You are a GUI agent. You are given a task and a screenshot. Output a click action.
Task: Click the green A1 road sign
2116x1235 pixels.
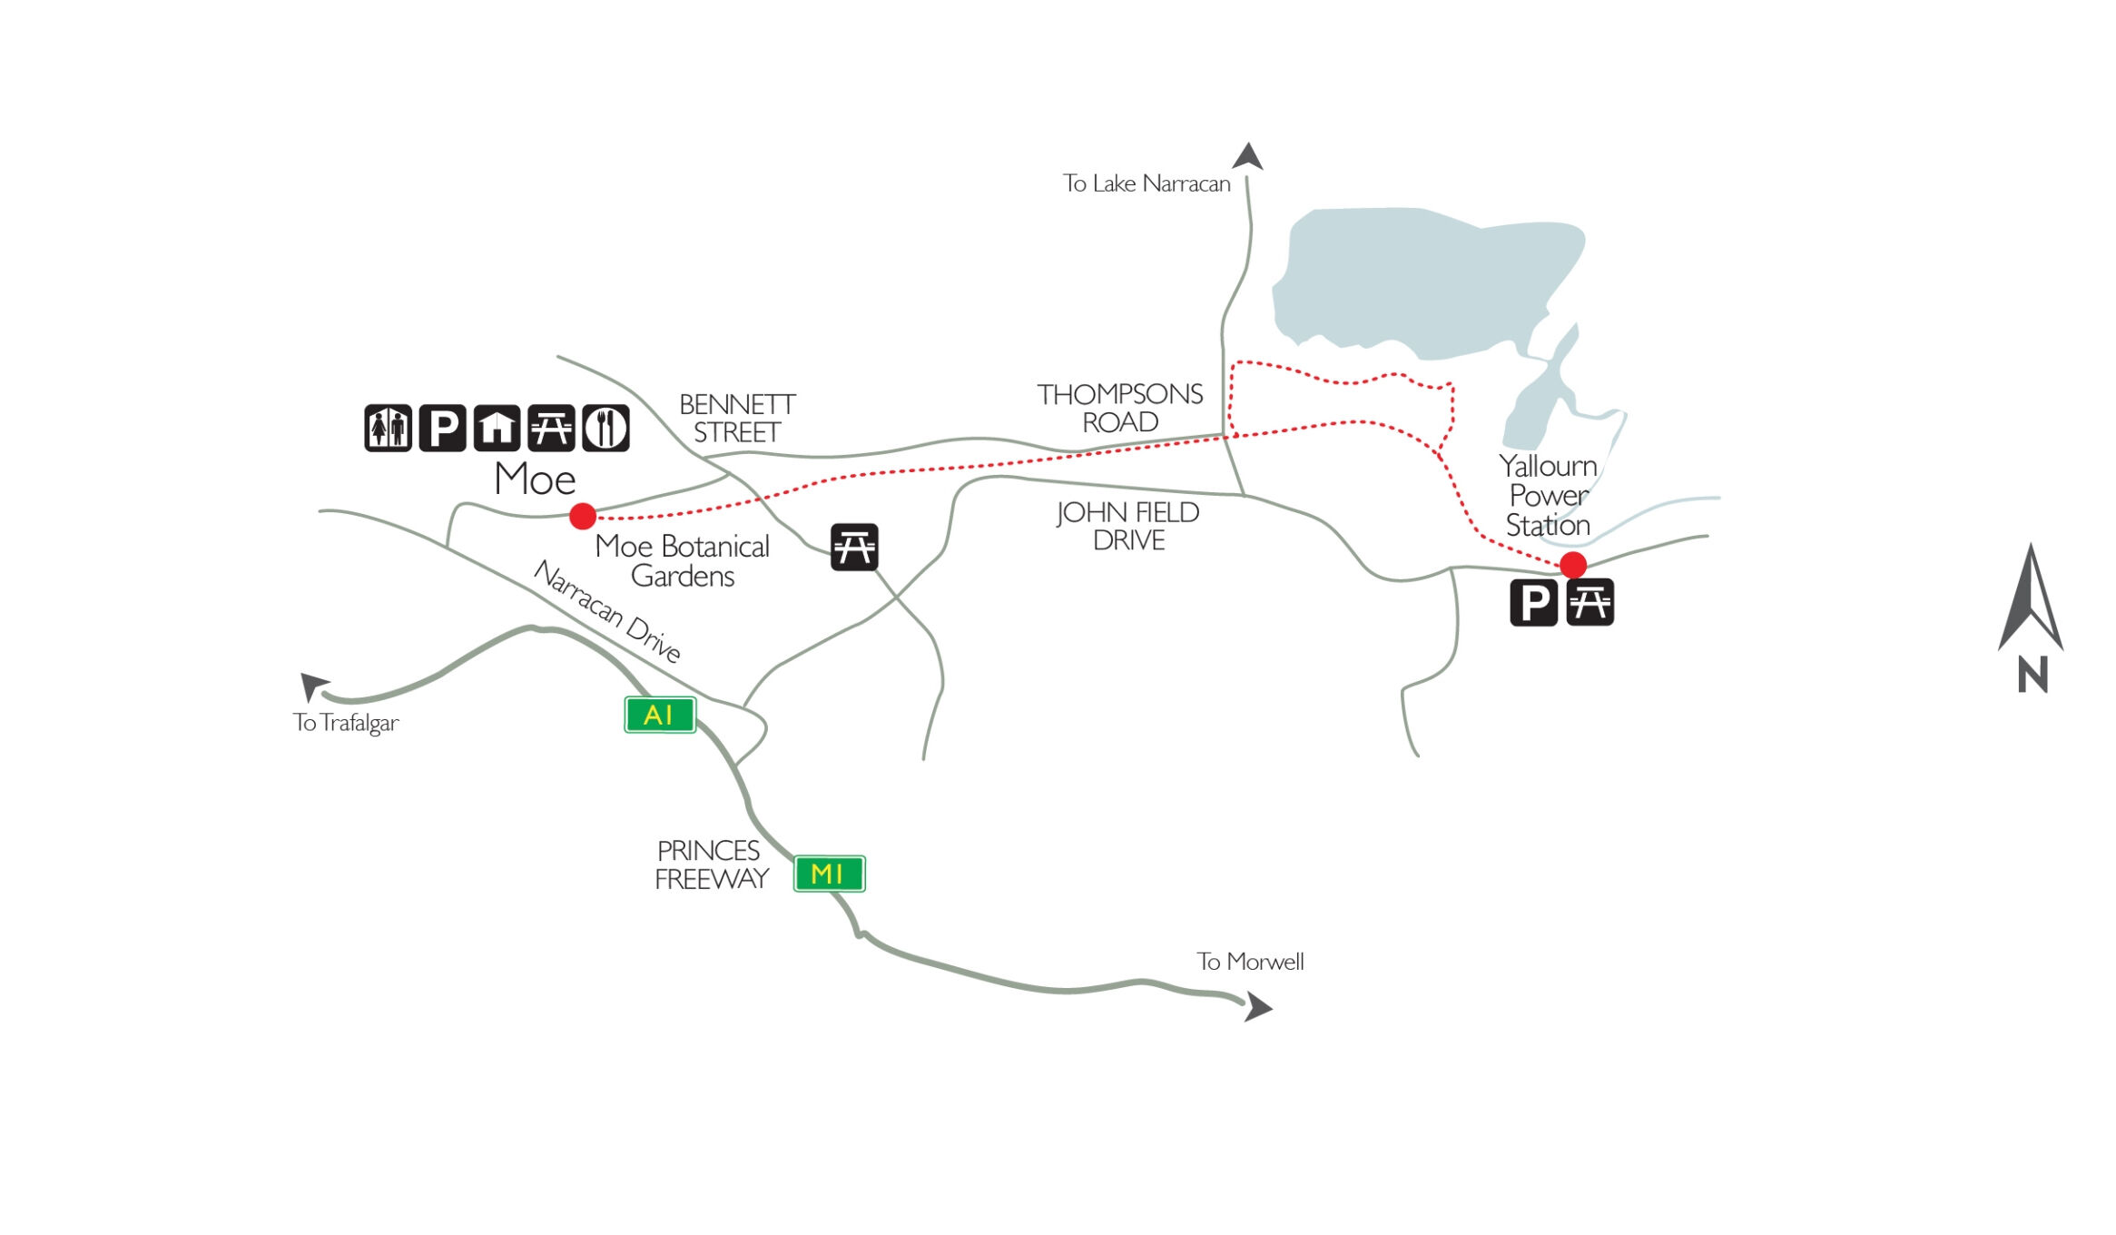tap(659, 715)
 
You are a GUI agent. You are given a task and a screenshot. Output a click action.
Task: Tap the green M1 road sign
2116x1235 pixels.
tap(828, 874)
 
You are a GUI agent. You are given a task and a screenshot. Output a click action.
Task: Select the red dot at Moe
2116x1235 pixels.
tap(582, 516)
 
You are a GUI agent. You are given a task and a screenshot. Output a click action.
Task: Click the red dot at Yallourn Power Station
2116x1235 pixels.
tap(1572, 564)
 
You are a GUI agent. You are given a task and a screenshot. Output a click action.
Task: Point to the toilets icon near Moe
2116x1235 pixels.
tap(388, 428)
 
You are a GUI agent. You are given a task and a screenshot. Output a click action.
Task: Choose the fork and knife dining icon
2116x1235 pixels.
tap(605, 428)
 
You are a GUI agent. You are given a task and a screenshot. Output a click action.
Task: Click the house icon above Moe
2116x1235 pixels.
tap(497, 428)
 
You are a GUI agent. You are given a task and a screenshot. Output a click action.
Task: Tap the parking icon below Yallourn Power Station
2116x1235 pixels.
tap(1533, 602)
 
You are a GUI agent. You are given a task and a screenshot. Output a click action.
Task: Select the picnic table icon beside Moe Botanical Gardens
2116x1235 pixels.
tap(854, 547)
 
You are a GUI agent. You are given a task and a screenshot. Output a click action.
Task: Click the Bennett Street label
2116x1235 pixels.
tap(737, 418)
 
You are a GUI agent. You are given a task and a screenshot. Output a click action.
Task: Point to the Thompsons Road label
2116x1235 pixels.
tap(1120, 408)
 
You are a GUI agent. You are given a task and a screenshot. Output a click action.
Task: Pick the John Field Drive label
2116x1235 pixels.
tap(1128, 526)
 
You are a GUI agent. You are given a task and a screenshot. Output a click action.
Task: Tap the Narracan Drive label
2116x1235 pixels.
tap(606, 611)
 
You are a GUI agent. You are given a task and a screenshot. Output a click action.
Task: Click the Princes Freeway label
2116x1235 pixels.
tap(711, 864)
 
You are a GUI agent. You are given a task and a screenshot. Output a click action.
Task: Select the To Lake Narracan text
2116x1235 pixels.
tap(1147, 183)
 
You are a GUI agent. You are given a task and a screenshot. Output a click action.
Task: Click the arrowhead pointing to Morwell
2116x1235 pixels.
tap(1257, 1006)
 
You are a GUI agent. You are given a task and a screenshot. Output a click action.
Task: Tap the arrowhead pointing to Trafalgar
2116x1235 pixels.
tap(313, 685)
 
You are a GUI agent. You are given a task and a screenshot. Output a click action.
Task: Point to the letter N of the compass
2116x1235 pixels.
tap(2032, 675)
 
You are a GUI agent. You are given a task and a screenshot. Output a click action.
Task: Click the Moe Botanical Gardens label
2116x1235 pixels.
tap(682, 560)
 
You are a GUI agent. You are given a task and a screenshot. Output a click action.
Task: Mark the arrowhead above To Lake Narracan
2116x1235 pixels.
tap(1248, 156)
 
